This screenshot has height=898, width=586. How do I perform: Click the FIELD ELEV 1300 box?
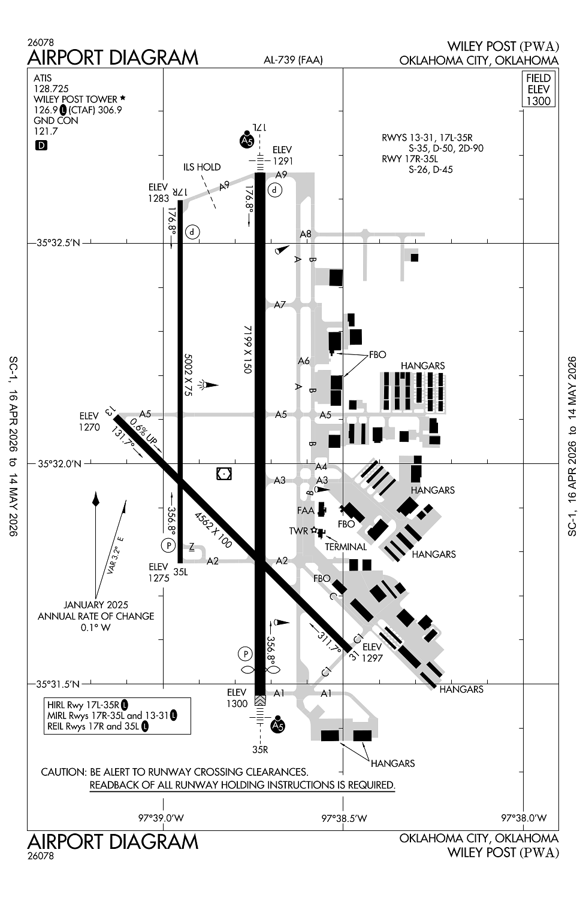pyautogui.click(x=538, y=89)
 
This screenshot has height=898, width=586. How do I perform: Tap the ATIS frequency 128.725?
pyautogui.click(x=51, y=89)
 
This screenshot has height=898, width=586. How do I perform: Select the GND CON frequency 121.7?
pyautogui.click(x=46, y=131)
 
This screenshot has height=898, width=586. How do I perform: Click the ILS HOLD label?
pyautogui.click(x=202, y=167)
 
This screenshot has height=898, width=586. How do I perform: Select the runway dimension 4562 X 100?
pyautogui.click(x=213, y=530)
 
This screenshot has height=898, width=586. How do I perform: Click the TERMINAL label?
pyautogui.click(x=346, y=547)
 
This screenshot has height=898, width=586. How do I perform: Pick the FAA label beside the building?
pyautogui.click(x=306, y=511)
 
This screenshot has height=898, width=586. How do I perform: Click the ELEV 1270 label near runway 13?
pyautogui.click(x=89, y=421)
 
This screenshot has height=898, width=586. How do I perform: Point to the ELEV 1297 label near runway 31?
pyautogui.click(x=372, y=653)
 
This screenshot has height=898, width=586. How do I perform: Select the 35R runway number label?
pyautogui.click(x=260, y=749)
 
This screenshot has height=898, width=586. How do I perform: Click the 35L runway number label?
pyautogui.click(x=180, y=572)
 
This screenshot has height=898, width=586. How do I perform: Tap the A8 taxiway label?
pyautogui.click(x=306, y=234)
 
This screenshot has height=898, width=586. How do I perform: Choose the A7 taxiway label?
pyautogui.click(x=280, y=305)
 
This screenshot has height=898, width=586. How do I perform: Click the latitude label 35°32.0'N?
pyautogui.click(x=58, y=463)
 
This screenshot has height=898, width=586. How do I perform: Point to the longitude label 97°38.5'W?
pyautogui.click(x=344, y=818)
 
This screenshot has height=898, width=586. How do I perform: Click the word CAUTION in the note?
pyautogui.click(x=64, y=772)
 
